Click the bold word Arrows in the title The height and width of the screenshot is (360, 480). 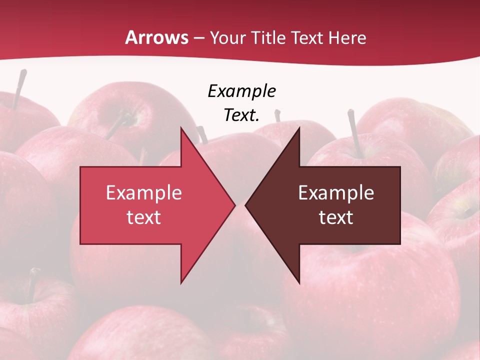[156, 37]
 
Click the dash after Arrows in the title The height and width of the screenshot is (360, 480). [198, 38]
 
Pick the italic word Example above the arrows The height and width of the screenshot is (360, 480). [241, 91]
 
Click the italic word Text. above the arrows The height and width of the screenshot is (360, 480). [241, 115]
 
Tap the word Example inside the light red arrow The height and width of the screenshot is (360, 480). [143, 193]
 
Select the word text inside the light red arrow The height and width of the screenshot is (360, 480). [143, 217]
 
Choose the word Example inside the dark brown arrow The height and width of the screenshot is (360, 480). [336, 193]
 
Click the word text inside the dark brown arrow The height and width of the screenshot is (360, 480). [336, 217]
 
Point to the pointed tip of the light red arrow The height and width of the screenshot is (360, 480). [235, 205]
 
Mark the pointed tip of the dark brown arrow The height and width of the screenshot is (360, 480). [245, 205]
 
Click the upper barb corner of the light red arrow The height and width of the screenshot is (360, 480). [181, 127]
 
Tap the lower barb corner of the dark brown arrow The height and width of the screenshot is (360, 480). [299, 283]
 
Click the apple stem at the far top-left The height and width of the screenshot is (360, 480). [19, 88]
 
